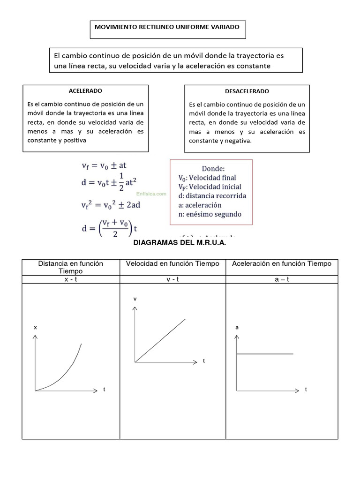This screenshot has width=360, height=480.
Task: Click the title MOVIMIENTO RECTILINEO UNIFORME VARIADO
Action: click(167, 27)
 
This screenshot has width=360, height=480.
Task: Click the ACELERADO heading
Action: click(85, 90)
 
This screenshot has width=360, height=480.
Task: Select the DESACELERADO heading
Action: click(247, 91)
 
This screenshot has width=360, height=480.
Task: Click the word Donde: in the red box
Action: click(213, 169)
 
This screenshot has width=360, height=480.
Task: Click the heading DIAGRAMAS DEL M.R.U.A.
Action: click(180, 243)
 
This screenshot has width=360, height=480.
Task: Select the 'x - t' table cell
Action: click(70, 279)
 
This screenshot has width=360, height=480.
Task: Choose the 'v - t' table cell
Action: click(172, 279)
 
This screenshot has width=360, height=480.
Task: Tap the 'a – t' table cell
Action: click(281, 279)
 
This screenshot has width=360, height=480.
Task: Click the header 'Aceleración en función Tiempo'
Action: click(281, 264)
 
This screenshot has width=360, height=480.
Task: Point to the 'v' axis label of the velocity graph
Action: click(135, 299)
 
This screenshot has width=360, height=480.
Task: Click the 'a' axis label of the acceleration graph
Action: click(237, 328)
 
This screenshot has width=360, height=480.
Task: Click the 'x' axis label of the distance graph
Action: click(35, 328)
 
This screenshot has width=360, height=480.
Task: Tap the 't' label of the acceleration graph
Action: click(306, 390)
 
